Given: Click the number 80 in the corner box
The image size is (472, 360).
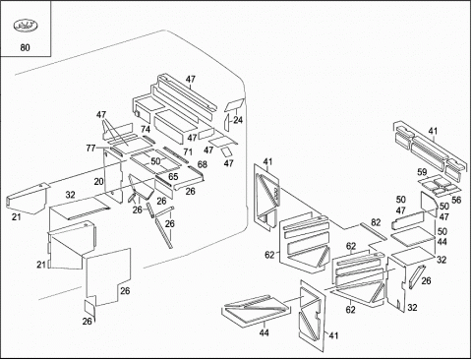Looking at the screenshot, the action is pos(25,48).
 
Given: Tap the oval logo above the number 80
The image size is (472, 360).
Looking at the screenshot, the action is pos(26,26).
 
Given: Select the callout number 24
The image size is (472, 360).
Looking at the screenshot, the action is pos(238,120).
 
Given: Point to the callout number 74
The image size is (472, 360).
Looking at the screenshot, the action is pos(146,129).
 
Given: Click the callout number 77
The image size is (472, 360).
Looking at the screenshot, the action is pos(90,149).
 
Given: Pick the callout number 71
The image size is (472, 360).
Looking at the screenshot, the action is pos(188,151).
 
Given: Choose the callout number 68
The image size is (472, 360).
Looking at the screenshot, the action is pos(203,164).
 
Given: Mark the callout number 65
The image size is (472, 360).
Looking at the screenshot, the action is pos(173,177).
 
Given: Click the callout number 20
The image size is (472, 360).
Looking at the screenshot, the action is pos(98,182).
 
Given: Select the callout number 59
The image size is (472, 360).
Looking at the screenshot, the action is pos(422,172).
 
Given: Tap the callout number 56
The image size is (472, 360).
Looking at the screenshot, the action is pos(456,200).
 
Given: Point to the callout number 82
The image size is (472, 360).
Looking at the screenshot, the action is pos(376,222).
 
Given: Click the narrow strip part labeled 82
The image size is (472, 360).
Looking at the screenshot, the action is pos(374,232).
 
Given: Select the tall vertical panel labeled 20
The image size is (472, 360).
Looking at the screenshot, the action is pos(113,175).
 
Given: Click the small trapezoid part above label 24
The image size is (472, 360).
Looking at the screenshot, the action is pos(234,105).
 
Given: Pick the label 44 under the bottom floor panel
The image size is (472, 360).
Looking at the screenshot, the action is pos(264,332).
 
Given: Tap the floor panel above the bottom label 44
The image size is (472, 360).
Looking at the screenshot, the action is pos(256,311).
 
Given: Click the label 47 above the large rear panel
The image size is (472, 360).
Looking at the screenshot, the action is pos(191,79).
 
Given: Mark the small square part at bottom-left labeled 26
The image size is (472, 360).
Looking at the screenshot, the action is pos(89,308).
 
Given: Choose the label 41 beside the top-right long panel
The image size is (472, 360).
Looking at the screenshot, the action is pos(433,131).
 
